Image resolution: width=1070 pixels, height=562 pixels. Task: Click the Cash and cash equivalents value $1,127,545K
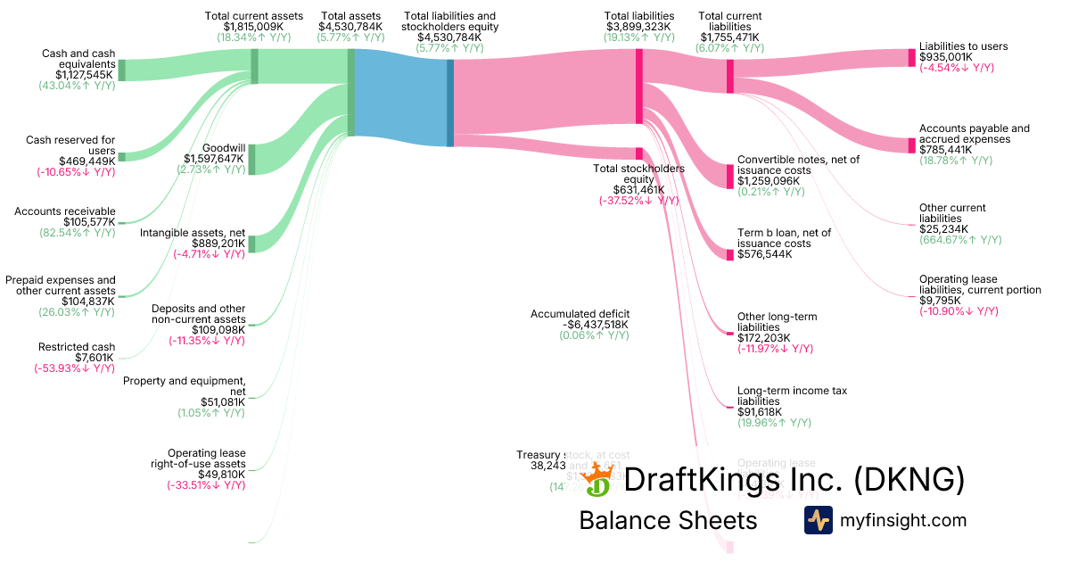pos(78,75)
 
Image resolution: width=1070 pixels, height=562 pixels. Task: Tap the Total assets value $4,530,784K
pos(350,27)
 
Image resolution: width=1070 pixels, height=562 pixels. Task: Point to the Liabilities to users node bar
pos(911,57)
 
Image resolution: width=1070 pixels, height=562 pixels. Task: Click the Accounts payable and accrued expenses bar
pos(911,145)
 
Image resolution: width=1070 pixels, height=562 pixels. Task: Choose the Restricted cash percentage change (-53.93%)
pos(75,368)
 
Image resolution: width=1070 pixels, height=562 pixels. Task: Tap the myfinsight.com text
pos(902,520)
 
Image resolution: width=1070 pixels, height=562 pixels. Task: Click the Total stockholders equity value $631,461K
pos(638,189)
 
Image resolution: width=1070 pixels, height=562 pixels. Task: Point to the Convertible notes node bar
pos(730,171)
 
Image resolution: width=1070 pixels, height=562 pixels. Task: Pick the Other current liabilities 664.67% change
pos(960,240)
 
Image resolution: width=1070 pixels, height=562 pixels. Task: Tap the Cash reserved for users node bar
pos(122,157)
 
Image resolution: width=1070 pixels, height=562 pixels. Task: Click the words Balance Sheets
pos(668,520)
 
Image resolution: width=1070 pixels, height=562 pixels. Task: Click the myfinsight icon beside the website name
pos(818,520)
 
